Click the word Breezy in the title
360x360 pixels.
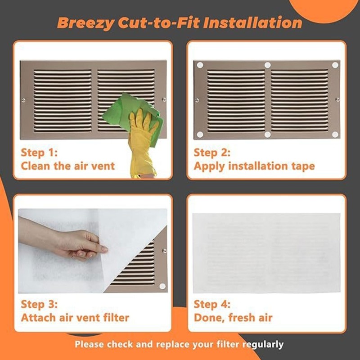(85, 22)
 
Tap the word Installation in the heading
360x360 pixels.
(253, 22)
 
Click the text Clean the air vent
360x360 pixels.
(67, 166)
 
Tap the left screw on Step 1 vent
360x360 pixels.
(23, 100)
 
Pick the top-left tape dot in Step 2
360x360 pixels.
(200, 65)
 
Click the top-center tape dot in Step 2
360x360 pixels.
(267, 65)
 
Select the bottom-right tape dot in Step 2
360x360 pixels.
(335, 134)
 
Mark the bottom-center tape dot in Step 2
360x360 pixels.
(267, 135)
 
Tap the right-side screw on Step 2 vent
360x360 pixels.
(337, 99)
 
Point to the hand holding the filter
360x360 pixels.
(81, 243)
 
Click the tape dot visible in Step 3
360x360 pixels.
(162, 286)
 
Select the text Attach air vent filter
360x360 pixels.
(75, 318)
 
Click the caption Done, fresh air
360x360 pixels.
(233, 318)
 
